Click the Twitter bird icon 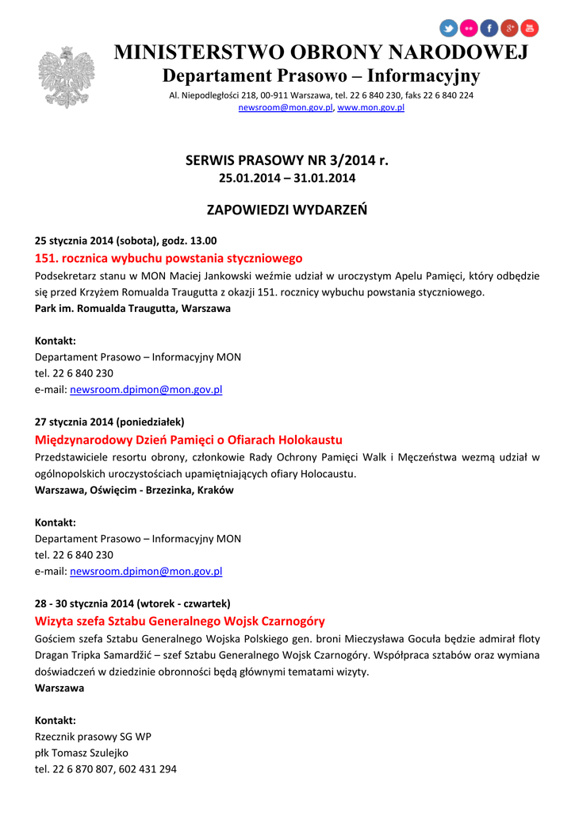point(448,29)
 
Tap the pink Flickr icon point(469,29)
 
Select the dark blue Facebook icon point(489,29)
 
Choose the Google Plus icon point(509,29)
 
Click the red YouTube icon point(529,29)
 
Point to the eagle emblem point(66,77)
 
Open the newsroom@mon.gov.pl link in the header point(286,107)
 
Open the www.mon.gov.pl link point(371,107)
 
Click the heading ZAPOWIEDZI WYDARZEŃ point(287,210)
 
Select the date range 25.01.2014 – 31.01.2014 point(287,178)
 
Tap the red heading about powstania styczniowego point(169,258)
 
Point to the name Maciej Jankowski point(213,276)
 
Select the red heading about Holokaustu point(189,439)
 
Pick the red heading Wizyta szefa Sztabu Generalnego point(180,621)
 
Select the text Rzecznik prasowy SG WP point(93,736)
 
